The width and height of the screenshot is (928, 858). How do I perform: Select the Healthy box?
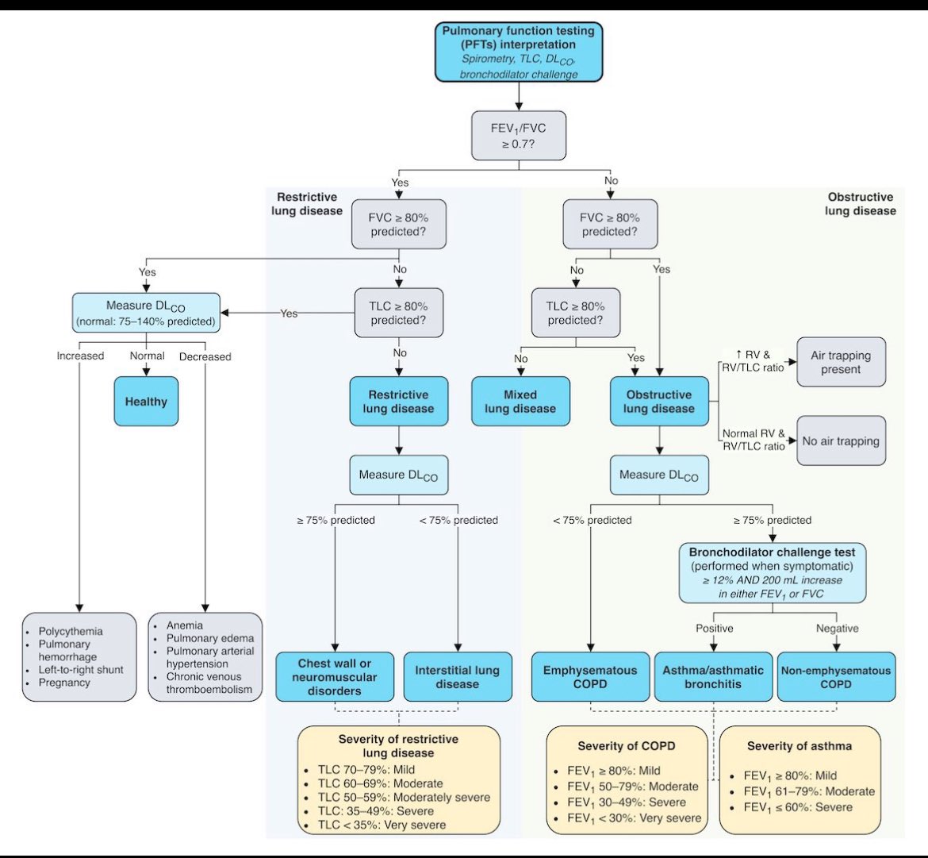pyautogui.click(x=146, y=402)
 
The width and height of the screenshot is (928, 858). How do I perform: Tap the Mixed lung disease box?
pyautogui.click(x=520, y=402)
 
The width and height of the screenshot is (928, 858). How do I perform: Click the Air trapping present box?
pyautogui.click(x=841, y=363)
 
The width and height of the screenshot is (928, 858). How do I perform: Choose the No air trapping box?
pyautogui.click(x=841, y=441)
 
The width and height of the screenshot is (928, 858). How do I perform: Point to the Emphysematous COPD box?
pyautogui.click(x=590, y=677)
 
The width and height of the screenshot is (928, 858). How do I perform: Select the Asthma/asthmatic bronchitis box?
pyautogui.click(x=713, y=677)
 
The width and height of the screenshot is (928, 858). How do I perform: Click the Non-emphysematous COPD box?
pyautogui.click(x=836, y=677)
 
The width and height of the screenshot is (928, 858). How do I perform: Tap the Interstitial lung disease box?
pyautogui.click(x=458, y=677)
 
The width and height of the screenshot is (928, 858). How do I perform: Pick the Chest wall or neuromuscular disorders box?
pyautogui.click(x=335, y=677)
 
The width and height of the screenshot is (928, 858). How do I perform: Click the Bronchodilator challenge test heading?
pyautogui.click(x=773, y=551)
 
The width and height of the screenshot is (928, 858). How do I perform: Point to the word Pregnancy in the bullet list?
pyautogui.click(x=64, y=683)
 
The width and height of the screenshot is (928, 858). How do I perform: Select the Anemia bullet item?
pyautogui.click(x=184, y=625)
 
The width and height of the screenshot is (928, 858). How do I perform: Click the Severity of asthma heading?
pyautogui.click(x=800, y=746)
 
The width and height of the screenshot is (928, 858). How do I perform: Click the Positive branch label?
pyautogui.click(x=714, y=628)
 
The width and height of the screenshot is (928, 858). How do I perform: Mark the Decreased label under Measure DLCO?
pyautogui.click(x=205, y=356)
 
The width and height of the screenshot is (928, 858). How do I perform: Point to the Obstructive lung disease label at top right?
pyautogui.click(x=860, y=204)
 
